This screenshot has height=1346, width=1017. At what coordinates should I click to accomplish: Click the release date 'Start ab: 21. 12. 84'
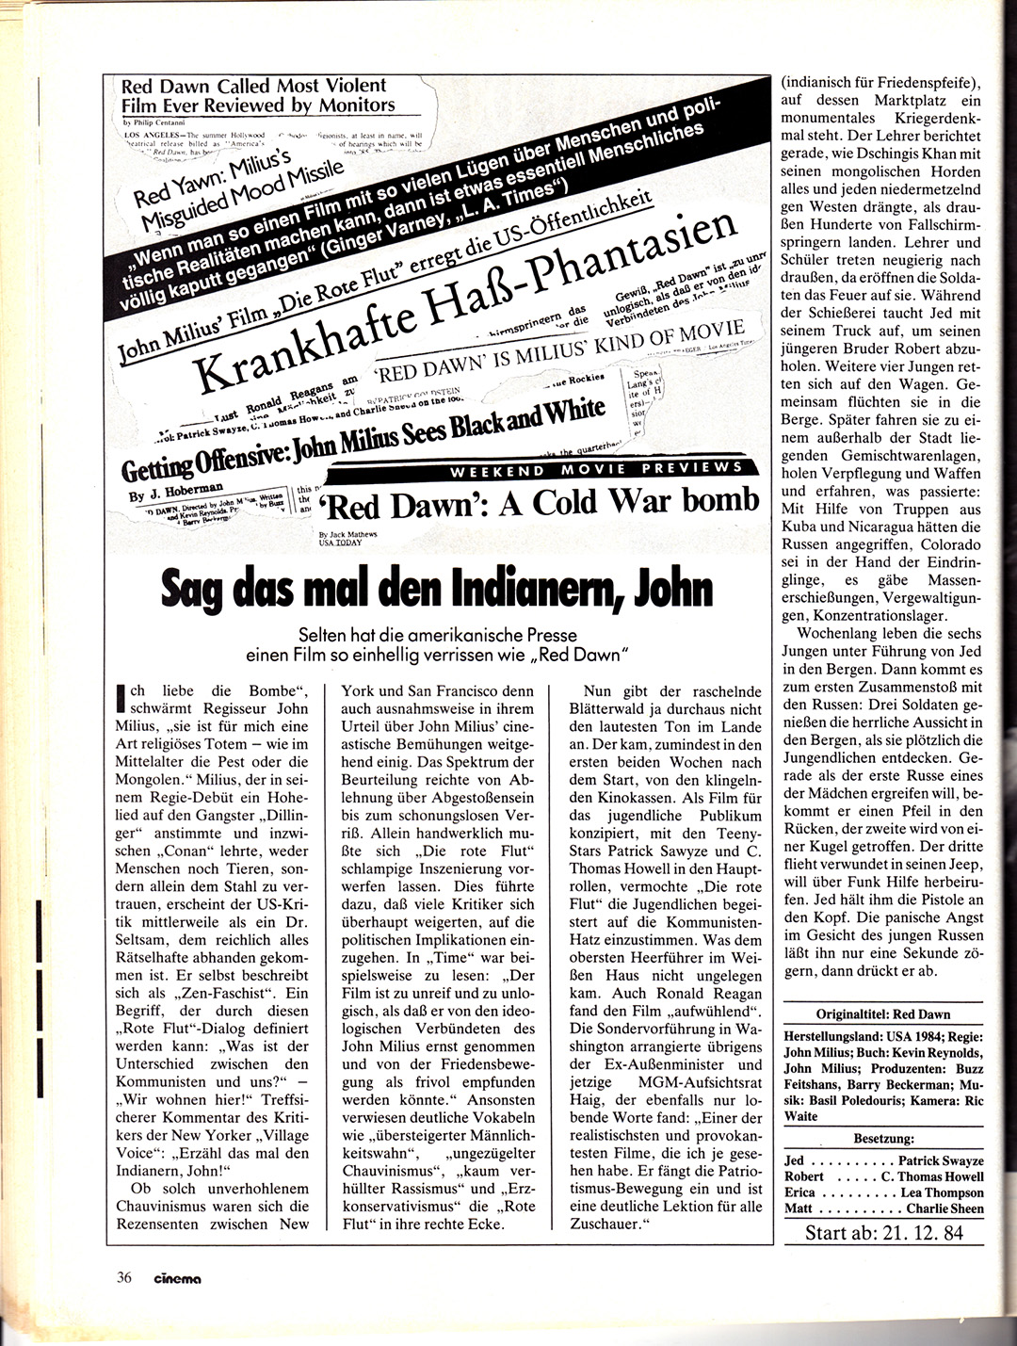[x=884, y=1232]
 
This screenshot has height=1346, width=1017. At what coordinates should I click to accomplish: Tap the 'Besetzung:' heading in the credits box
[x=883, y=1138]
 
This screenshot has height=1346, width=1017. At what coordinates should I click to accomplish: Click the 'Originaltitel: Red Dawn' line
[x=883, y=1015]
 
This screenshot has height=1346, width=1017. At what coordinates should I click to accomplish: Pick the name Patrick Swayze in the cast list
[x=940, y=1160]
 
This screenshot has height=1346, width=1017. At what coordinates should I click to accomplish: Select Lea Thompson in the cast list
[x=942, y=1192]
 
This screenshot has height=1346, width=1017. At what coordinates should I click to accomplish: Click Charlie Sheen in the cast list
[x=944, y=1208]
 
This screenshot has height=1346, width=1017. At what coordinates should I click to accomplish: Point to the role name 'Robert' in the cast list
[x=803, y=1176]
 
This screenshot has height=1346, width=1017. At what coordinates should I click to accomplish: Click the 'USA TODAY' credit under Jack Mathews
[x=340, y=543]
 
